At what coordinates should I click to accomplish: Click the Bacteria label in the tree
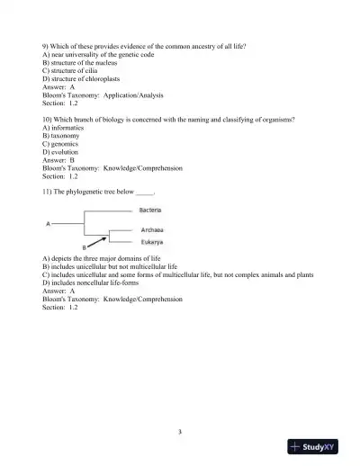point(150,210)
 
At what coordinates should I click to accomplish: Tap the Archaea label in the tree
point(152,230)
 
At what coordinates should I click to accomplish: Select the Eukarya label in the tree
point(151,242)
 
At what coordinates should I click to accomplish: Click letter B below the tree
point(84,246)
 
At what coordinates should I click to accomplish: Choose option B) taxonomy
point(62,135)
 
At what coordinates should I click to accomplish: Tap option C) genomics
point(62,143)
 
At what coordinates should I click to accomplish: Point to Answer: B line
point(58,159)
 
